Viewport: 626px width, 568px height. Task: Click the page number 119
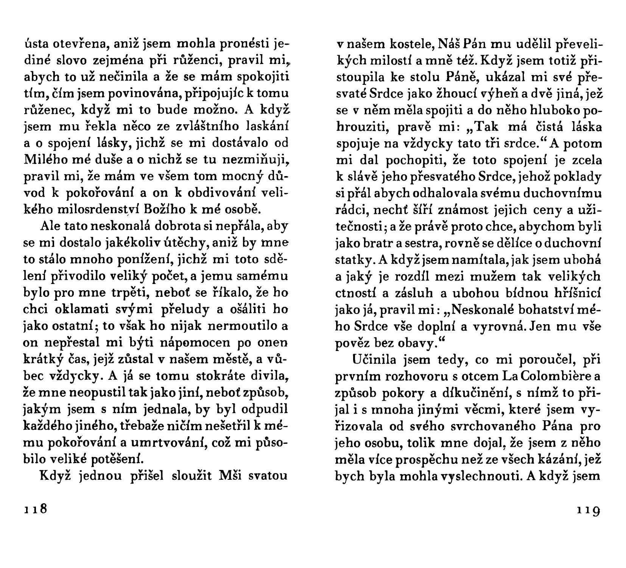click(x=589, y=510)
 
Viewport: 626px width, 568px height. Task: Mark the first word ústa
click(x=36, y=45)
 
